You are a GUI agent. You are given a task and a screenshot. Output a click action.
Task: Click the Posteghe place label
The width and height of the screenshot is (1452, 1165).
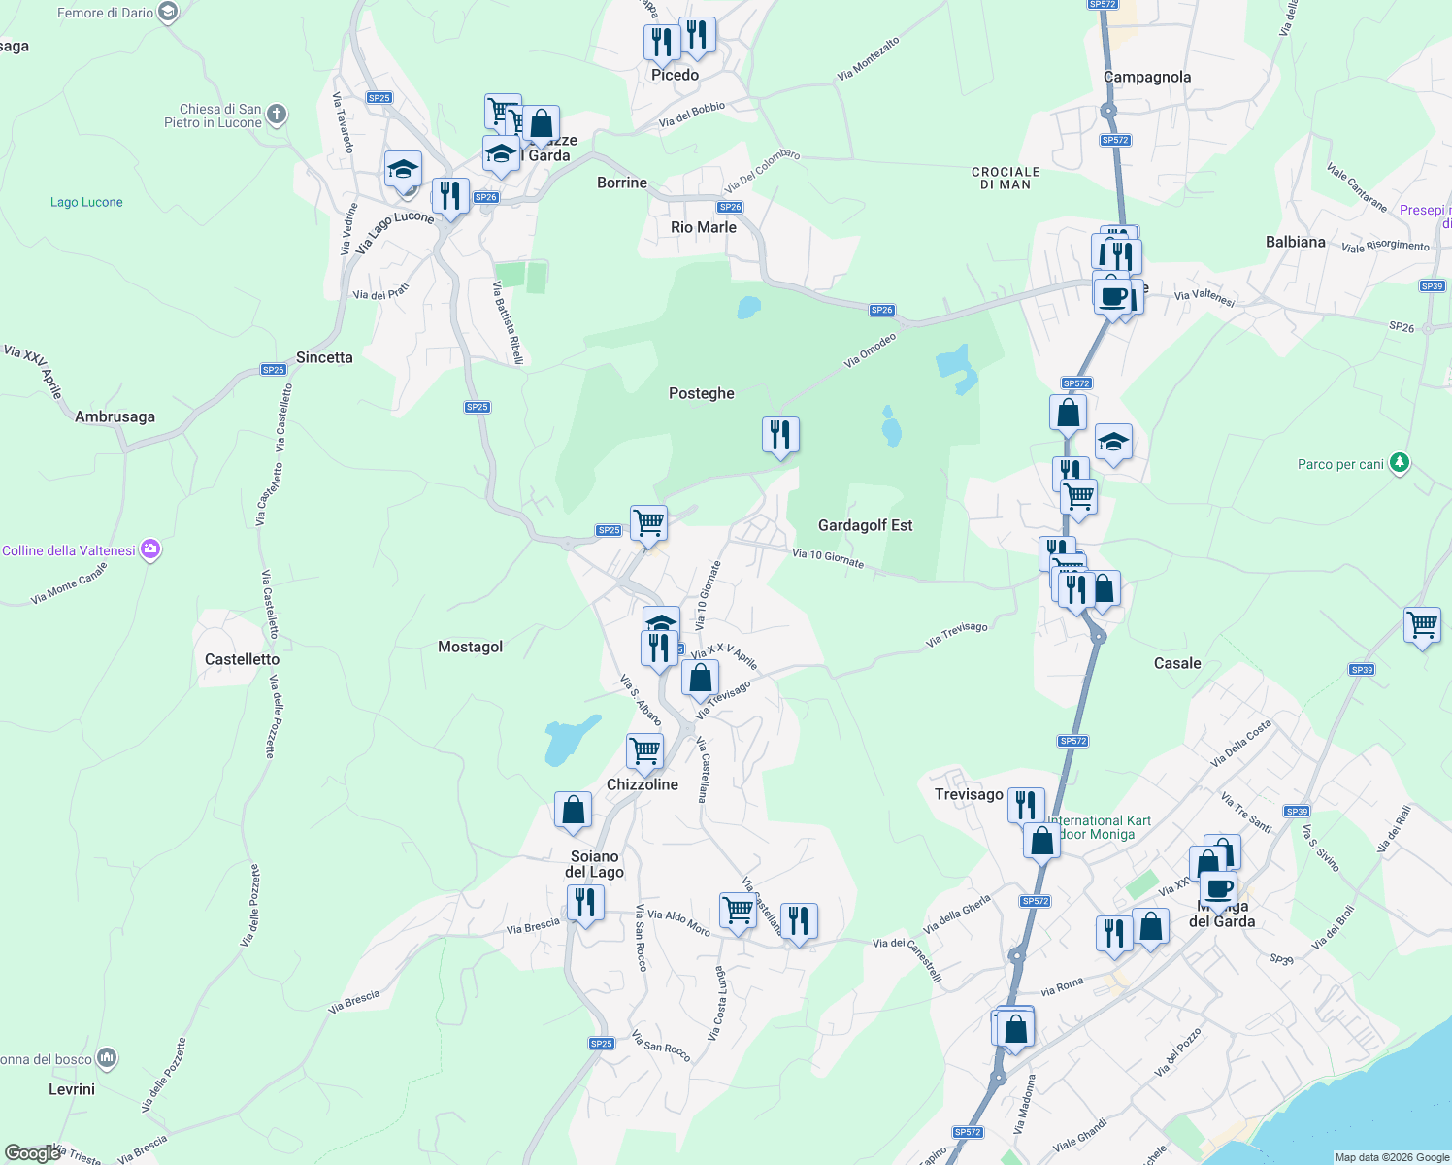(x=701, y=393)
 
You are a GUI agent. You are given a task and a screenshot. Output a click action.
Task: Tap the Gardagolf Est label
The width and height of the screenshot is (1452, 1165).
(x=865, y=525)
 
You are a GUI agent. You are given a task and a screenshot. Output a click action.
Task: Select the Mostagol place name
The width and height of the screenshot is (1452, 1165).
(x=470, y=647)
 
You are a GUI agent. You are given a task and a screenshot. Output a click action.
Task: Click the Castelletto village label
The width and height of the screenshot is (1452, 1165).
(x=242, y=659)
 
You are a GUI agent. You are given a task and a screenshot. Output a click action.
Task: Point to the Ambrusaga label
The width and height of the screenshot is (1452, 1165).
(x=115, y=416)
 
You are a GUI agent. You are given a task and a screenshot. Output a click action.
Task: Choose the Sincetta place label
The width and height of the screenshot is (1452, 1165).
(x=324, y=357)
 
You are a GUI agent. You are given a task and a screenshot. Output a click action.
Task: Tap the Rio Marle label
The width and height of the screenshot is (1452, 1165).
(x=703, y=227)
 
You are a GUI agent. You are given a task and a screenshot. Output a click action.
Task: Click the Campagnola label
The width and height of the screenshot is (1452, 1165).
(x=1146, y=77)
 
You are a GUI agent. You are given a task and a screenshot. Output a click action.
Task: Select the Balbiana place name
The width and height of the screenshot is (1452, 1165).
(x=1295, y=242)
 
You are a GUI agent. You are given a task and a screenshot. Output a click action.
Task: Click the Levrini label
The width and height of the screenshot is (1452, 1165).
(x=72, y=1089)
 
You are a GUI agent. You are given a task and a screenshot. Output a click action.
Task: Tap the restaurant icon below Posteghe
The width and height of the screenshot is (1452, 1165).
(x=780, y=435)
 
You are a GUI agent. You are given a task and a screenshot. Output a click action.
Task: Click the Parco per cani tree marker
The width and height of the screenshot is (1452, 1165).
(x=1399, y=463)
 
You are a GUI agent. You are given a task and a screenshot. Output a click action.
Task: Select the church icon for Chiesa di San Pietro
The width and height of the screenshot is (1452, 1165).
(x=277, y=116)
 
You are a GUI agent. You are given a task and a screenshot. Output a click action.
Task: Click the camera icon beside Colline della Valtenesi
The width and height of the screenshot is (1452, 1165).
(x=150, y=550)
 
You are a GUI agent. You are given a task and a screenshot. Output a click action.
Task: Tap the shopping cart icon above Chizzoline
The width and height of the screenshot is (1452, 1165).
(x=645, y=750)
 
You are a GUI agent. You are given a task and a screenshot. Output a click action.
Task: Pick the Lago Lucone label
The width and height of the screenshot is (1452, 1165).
(x=86, y=202)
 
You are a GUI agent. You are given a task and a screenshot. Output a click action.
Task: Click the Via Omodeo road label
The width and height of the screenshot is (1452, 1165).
(x=870, y=350)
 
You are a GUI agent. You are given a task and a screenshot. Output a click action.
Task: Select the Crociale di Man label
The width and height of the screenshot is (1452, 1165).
(x=1006, y=178)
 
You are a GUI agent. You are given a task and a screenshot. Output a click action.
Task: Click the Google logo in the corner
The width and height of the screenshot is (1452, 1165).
(x=32, y=1152)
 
